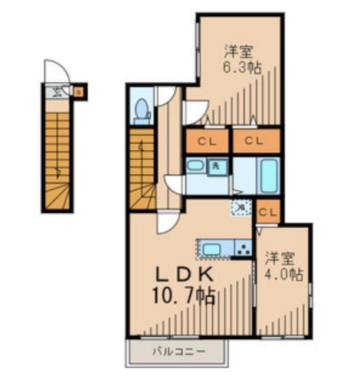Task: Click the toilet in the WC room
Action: [x=141, y=112]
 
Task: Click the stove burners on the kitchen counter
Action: [x=242, y=247]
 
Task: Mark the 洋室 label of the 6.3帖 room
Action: [x=238, y=52]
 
